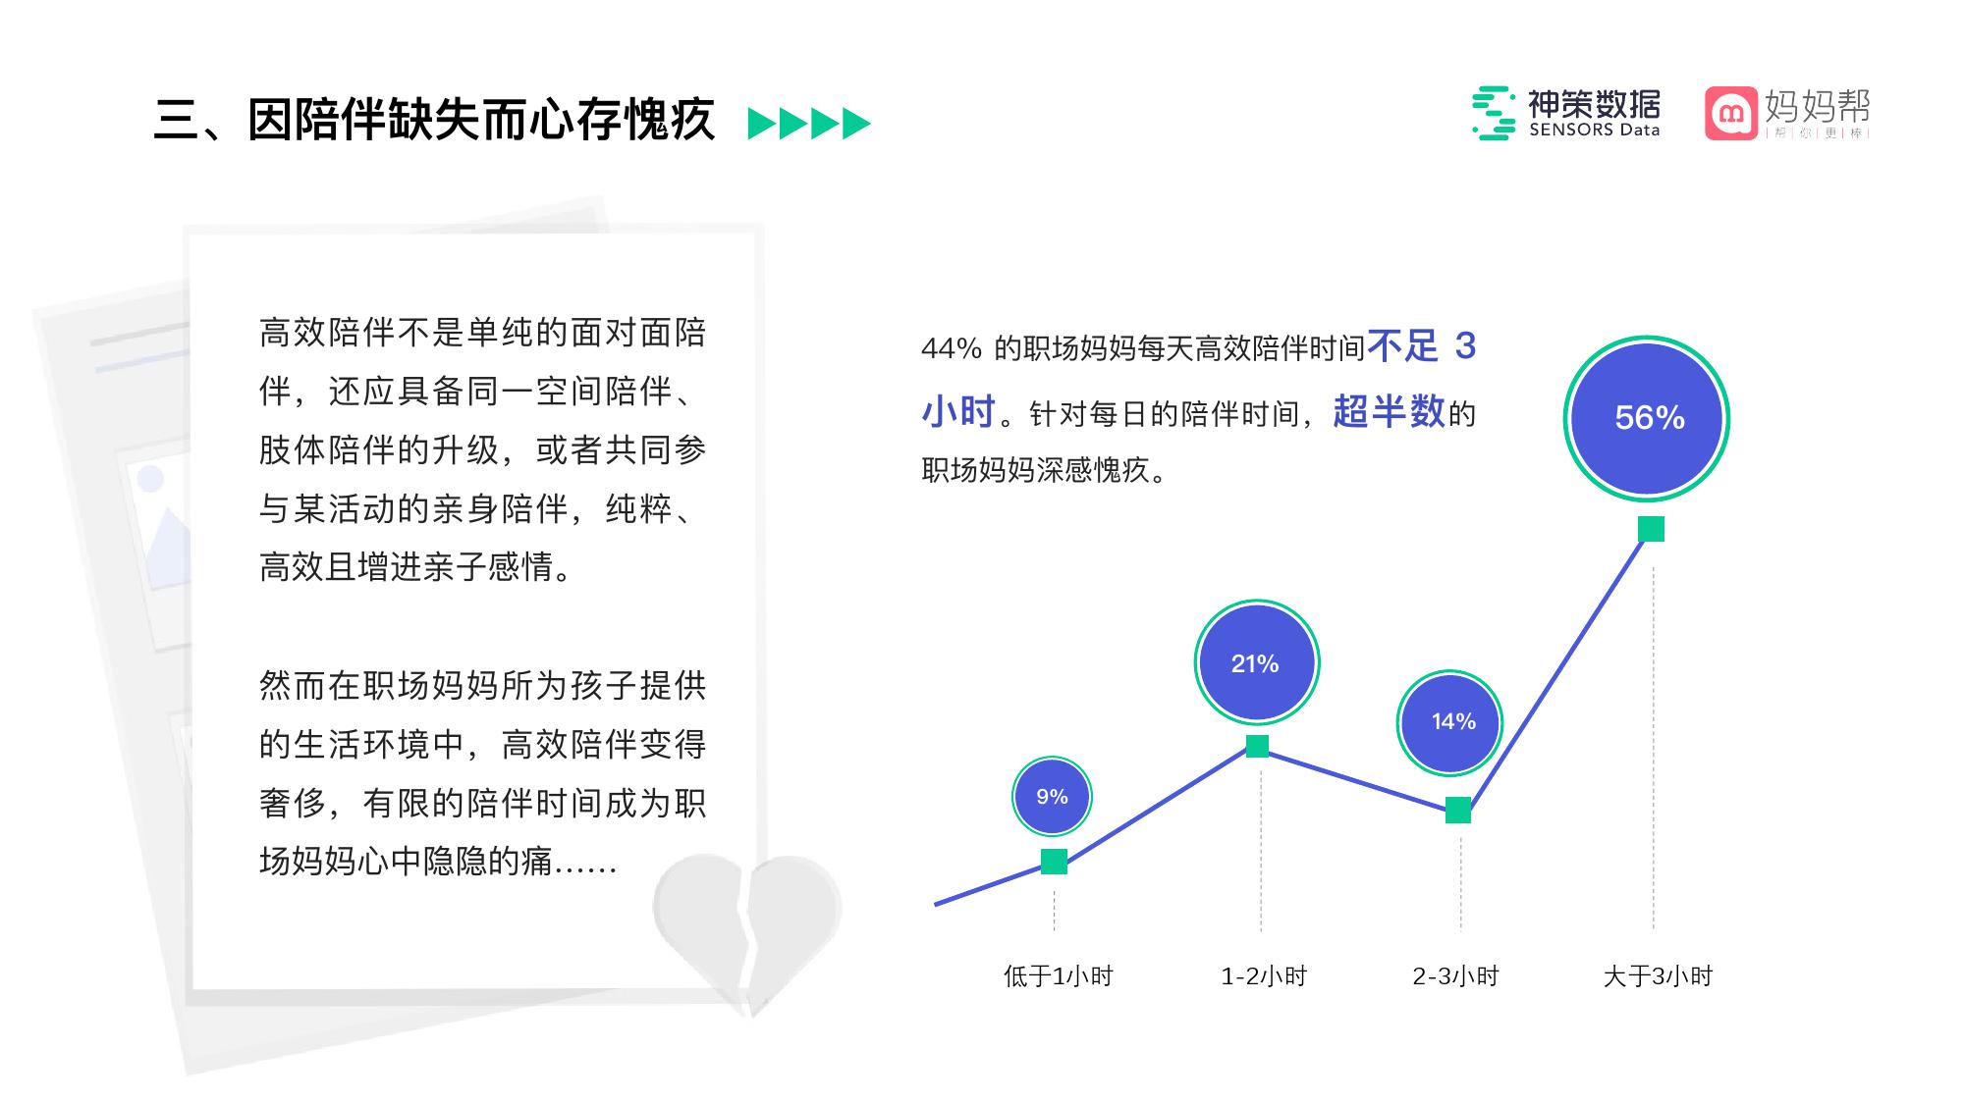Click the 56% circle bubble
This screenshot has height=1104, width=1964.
(x=1647, y=418)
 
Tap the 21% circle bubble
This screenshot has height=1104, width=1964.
(x=1256, y=663)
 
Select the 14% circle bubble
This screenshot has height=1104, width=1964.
(x=1449, y=723)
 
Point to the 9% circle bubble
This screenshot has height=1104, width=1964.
(x=1052, y=797)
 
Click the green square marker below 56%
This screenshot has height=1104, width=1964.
(x=1651, y=529)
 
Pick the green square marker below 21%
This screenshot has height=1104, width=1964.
(x=1257, y=746)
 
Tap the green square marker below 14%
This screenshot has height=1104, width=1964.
(x=1458, y=811)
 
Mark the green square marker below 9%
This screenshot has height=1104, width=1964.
(x=1054, y=862)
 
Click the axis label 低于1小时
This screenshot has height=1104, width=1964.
(x=1058, y=976)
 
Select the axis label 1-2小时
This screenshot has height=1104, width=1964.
(x=1264, y=976)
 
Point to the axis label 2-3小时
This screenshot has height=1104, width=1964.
(x=1455, y=976)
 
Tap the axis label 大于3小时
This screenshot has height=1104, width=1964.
(x=1658, y=976)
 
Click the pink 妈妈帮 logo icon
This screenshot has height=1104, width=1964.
(x=1730, y=114)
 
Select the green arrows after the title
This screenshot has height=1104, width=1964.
(x=809, y=124)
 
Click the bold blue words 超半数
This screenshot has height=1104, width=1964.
(x=1390, y=412)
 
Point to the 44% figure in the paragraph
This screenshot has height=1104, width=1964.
(x=952, y=348)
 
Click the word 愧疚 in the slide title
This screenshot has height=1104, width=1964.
(x=669, y=121)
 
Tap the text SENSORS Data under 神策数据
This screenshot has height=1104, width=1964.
(x=1594, y=131)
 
